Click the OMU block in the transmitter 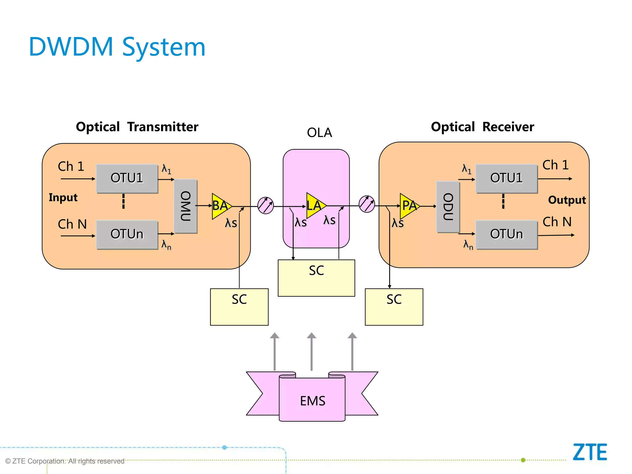(x=185, y=206)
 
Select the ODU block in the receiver (x=448, y=207)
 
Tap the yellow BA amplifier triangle (x=220, y=206)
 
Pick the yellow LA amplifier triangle (x=314, y=206)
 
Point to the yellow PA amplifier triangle (x=408, y=206)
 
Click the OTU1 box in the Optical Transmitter (x=127, y=178)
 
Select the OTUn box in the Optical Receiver (x=506, y=234)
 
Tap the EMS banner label (x=312, y=401)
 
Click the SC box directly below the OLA (x=316, y=278)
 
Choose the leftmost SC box (x=239, y=307)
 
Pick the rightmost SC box (x=394, y=307)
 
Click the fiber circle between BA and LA (x=265, y=206)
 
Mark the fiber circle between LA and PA (x=367, y=204)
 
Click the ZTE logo (x=590, y=452)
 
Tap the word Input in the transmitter (x=63, y=197)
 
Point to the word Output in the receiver (x=567, y=200)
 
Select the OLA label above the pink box (x=319, y=133)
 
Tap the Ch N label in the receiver (x=557, y=222)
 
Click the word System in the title (x=164, y=47)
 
